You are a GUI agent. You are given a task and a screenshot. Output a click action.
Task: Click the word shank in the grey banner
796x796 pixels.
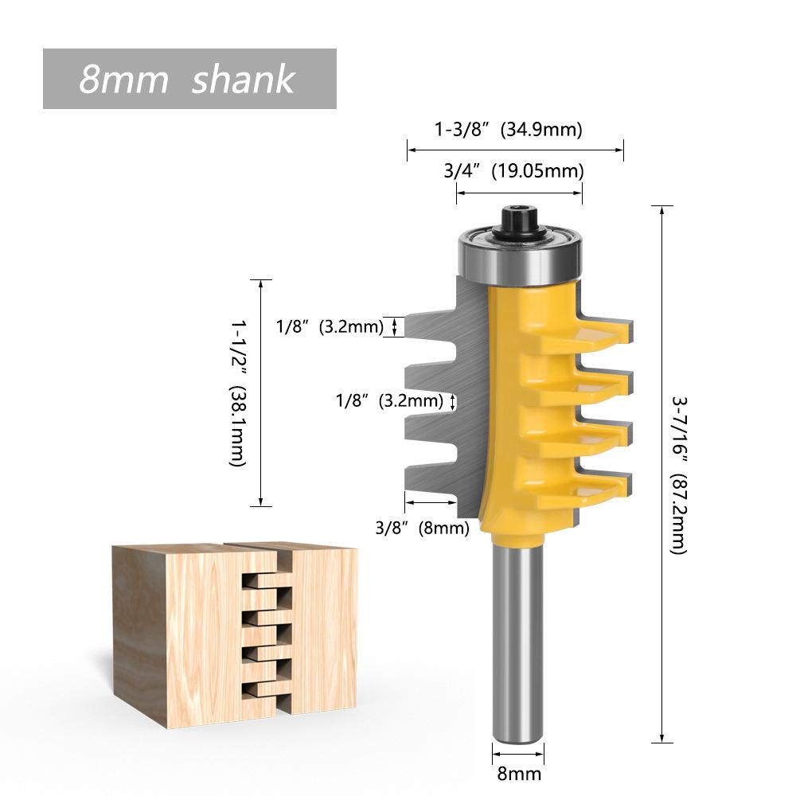(x=243, y=80)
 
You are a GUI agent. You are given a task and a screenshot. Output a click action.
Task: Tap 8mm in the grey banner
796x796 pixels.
(x=123, y=80)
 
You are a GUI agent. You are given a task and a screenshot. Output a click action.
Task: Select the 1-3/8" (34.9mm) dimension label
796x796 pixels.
(x=508, y=129)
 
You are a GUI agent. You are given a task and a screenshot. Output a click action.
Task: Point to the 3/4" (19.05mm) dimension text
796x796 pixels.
(x=513, y=170)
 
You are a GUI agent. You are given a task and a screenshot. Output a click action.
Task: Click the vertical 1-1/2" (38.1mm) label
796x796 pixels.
(x=238, y=393)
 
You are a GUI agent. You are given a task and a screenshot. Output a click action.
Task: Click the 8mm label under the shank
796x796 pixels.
(x=518, y=773)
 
